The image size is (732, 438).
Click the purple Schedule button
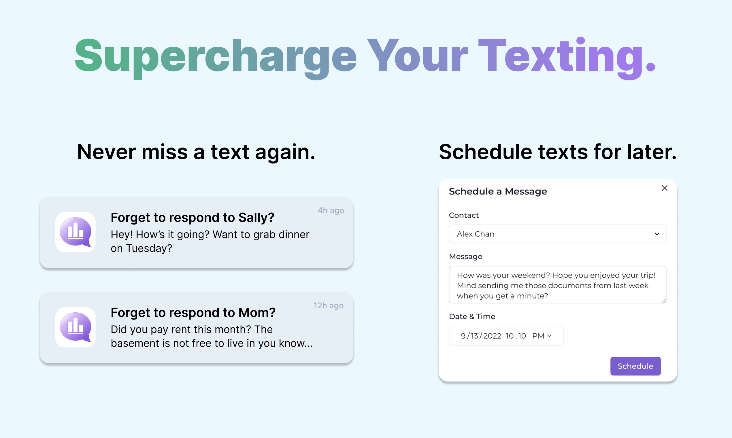pyautogui.click(x=635, y=366)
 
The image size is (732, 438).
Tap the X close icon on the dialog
pyautogui.click(x=664, y=188)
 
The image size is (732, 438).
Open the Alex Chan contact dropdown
pyautogui.click(x=557, y=234)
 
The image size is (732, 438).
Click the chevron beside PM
pyautogui.click(x=549, y=336)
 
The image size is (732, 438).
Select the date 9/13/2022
pyautogui.click(x=481, y=336)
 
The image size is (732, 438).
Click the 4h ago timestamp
pyautogui.click(x=331, y=210)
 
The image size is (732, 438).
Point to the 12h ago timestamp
pyautogui.click(x=329, y=305)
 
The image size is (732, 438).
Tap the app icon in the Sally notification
pyautogui.click(x=76, y=232)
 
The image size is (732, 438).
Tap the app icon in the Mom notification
pyautogui.click(x=76, y=327)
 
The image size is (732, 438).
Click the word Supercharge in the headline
pyautogui.click(x=216, y=58)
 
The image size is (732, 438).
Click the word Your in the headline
pyautogui.click(x=418, y=56)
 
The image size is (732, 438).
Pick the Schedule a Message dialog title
pyautogui.click(x=498, y=192)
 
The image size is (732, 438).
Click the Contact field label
pyautogui.click(x=464, y=215)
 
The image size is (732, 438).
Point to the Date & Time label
pyautogui.click(x=472, y=316)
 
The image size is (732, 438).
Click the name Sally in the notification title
pyautogui.click(x=256, y=218)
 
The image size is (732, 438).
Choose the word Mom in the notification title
pyautogui.click(x=257, y=313)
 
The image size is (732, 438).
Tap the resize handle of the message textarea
pyautogui.click(x=663, y=301)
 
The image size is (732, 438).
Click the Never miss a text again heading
pyautogui.click(x=196, y=152)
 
